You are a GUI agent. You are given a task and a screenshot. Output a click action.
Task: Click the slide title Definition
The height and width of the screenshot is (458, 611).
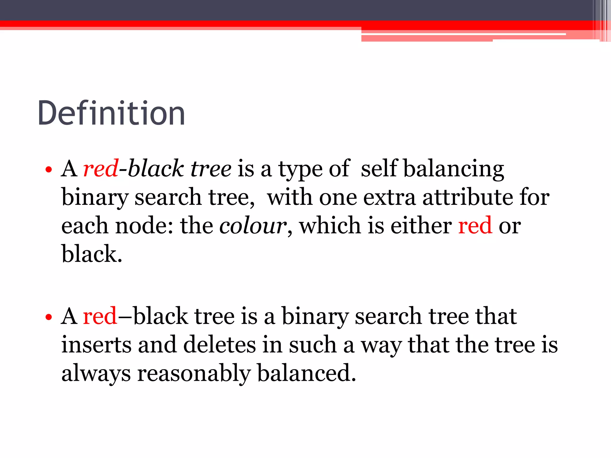tap(111, 113)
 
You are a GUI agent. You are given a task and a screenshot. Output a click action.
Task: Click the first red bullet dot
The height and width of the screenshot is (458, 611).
tap(49, 170)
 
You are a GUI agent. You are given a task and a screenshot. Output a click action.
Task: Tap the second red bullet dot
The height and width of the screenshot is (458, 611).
tap(49, 317)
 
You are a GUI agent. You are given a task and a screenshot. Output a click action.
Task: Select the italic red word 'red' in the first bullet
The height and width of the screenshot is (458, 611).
tap(101, 169)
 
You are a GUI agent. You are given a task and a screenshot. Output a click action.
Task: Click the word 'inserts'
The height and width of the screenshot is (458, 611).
tap(96, 345)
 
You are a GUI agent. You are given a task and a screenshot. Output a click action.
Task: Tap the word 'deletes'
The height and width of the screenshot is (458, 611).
tap(220, 345)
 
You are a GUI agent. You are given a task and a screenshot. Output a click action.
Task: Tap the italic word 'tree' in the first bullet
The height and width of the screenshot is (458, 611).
tap(211, 169)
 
